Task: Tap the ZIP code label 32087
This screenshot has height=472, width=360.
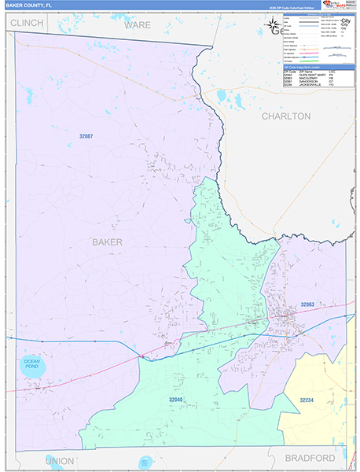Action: pos(86,137)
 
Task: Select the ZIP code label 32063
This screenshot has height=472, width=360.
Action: pos(307,304)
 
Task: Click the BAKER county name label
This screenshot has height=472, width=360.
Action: pos(107,242)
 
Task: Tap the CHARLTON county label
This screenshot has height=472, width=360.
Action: pos(286,116)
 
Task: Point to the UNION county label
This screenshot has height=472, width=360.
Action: pos(60,460)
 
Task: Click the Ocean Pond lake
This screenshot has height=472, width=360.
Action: pos(31,367)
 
